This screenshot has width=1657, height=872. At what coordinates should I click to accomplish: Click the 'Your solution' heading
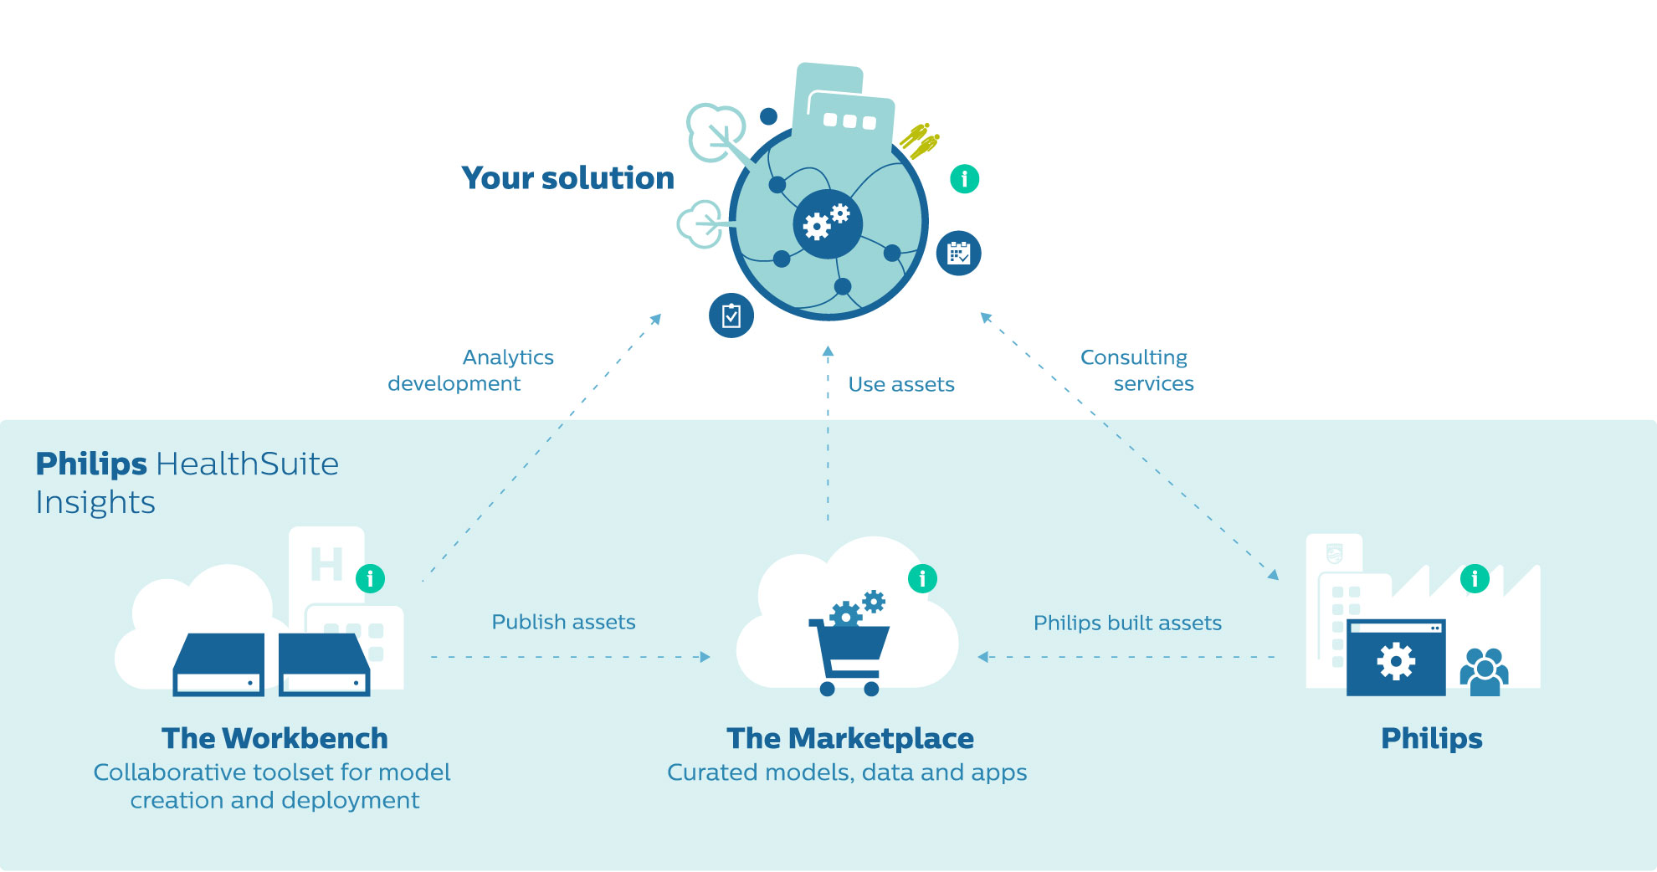(x=567, y=178)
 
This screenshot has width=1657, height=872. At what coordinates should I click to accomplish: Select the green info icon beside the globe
(x=964, y=178)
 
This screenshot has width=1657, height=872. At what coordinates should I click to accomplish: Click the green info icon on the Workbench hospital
(x=370, y=578)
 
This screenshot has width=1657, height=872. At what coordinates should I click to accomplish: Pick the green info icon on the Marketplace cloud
(x=922, y=578)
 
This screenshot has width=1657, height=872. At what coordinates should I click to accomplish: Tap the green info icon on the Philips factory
(x=1475, y=578)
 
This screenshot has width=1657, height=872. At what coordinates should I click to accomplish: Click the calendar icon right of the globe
(x=958, y=254)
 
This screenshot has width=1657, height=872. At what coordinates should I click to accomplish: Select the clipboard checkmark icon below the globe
(x=731, y=315)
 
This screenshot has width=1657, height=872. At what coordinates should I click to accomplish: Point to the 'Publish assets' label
(x=563, y=622)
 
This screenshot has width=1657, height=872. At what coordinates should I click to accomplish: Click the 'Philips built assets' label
(x=1127, y=623)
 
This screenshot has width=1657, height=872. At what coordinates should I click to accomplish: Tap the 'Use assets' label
(x=901, y=384)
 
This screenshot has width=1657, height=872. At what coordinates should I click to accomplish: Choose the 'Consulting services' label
(x=1137, y=370)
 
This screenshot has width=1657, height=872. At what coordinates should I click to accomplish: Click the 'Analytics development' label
(x=470, y=370)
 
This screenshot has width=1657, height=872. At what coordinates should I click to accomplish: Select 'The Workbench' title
(x=274, y=738)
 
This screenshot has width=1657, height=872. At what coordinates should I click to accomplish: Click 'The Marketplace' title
(x=850, y=738)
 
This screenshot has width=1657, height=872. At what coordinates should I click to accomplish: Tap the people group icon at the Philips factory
(x=1484, y=672)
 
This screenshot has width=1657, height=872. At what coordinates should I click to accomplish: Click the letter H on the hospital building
(x=326, y=564)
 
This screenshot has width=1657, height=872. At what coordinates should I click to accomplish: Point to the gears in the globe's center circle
(x=826, y=222)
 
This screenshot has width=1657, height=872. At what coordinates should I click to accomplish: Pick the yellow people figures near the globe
(x=920, y=141)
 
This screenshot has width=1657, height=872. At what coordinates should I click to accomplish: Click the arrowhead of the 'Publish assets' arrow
(x=705, y=657)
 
